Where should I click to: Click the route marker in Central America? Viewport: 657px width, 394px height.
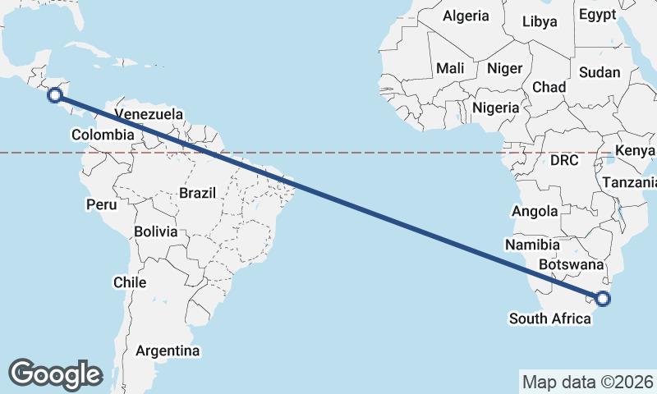point(55,95)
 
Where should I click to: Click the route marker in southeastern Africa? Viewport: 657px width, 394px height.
point(603,298)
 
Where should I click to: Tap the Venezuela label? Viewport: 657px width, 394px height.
point(149,114)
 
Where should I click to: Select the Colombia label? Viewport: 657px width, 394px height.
point(103,135)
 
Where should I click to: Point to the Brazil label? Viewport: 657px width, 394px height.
point(197,193)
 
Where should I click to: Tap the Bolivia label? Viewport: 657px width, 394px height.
point(156,231)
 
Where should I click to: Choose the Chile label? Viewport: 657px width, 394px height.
point(130,282)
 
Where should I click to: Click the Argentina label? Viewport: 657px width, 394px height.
point(168,350)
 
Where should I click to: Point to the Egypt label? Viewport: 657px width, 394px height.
point(597,14)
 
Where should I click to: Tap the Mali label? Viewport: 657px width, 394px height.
point(450,68)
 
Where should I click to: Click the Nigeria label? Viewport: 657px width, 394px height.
point(495,107)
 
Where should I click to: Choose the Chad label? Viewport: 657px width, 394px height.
point(549,86)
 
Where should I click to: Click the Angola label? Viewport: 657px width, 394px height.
point(535,211)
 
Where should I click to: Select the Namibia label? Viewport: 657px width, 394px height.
point(533,245)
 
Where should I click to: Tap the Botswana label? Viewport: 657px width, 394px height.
point(572,264)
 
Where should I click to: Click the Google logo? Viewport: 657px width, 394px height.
point(55,373)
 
